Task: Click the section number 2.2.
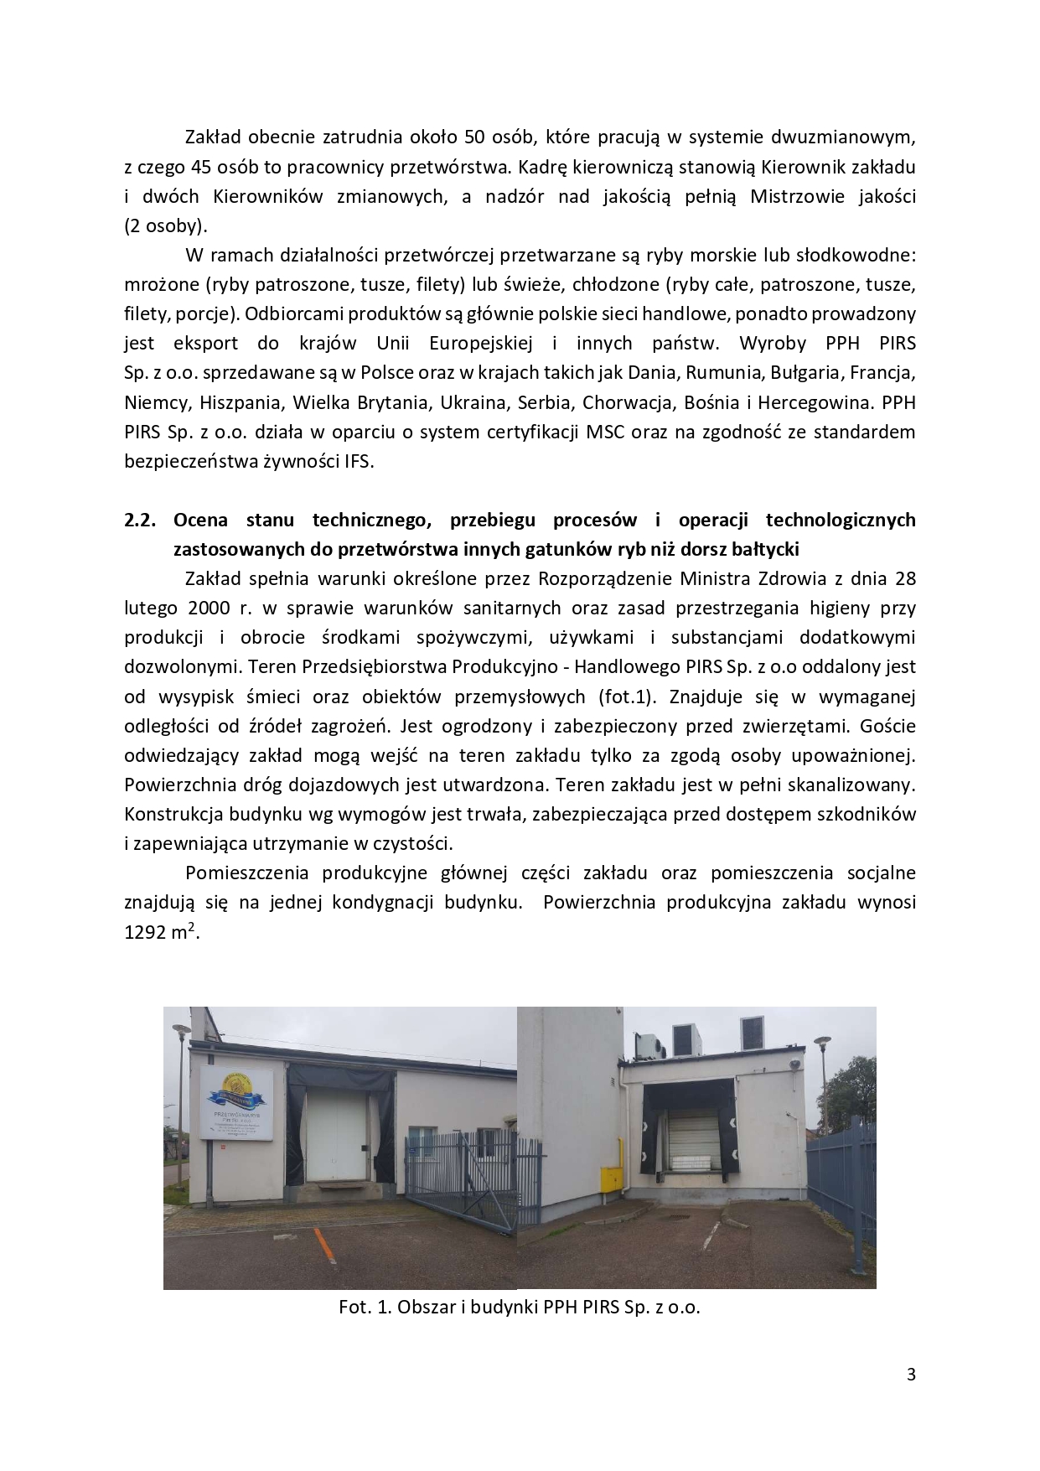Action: [140, 520]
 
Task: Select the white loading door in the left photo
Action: [347, 1124]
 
